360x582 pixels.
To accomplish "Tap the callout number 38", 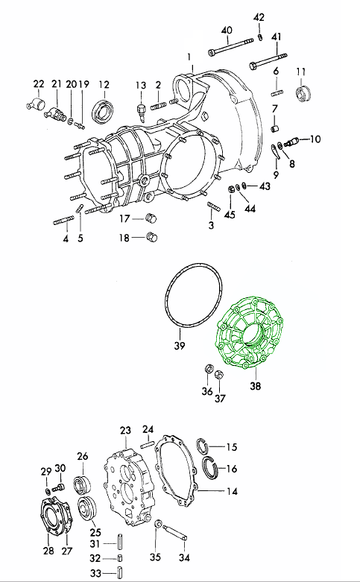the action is pos(256,386).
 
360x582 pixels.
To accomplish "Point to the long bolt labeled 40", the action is pos(231,46).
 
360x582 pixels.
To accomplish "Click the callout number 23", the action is pos(125,430).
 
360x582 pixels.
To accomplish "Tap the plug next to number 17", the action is pos(151,218).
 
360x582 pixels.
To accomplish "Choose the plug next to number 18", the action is pos(152,236).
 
